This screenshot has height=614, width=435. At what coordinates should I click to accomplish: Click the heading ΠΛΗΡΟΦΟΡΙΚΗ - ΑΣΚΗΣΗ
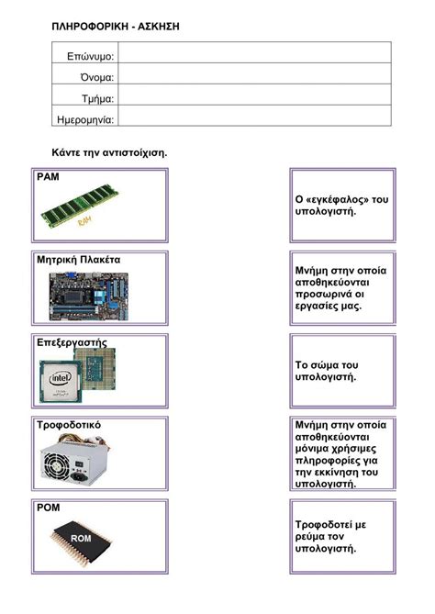(116, 27)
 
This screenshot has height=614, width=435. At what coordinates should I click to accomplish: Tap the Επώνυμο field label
(90, 56)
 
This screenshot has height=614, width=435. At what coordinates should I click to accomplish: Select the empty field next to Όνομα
(254, 77)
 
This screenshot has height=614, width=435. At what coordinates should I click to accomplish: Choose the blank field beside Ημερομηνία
(254, 119)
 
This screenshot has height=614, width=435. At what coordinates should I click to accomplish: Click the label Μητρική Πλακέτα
(78, 260)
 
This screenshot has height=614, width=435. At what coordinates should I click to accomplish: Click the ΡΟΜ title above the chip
(48, 507)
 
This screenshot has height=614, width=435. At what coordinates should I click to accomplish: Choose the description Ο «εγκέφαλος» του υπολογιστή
(342, 205)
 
